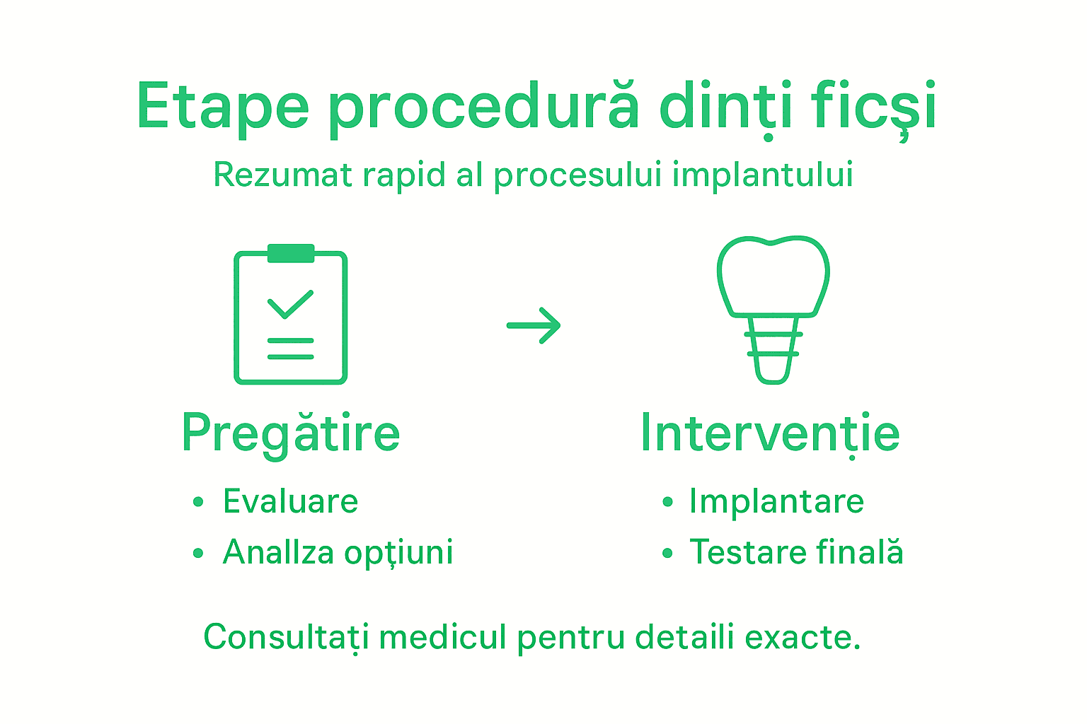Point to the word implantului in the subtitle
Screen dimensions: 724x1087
762,175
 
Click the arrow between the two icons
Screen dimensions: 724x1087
534,325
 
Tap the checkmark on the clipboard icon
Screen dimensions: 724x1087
290,304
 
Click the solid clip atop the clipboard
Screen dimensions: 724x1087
291,253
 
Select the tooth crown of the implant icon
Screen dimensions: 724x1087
773,276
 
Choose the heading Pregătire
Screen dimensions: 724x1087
291,433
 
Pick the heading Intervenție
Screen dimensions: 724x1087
770,433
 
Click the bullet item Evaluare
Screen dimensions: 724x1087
290,501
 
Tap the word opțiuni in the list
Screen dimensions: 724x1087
398,553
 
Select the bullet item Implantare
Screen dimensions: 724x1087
776,501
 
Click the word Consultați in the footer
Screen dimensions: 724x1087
286,638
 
